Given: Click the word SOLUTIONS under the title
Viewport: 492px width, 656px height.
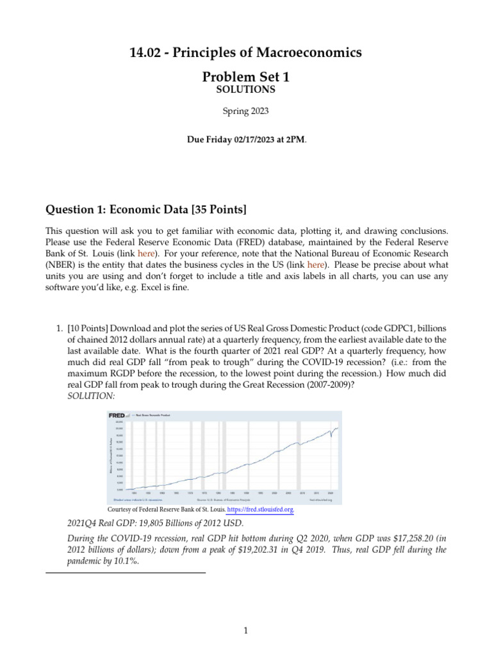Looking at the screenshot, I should click(x=245, y=89).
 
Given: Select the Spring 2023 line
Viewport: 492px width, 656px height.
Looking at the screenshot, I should click(x=245, y=111).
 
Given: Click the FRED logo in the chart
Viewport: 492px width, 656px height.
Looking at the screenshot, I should click(x=117, y=415).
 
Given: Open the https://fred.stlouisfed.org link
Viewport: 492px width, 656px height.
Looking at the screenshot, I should click(x=256, y=510).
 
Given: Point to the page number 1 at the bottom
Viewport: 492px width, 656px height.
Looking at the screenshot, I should click(x=245, y=631).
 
